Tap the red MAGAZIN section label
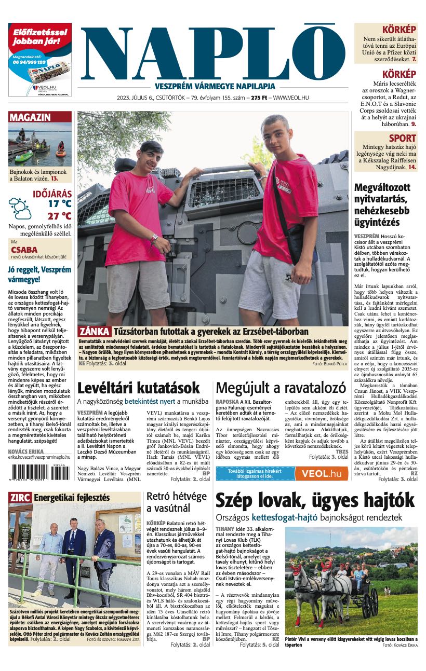point(30,117)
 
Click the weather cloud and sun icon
point(20,208)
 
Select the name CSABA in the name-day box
point(24,250)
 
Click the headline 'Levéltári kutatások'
point(139,388)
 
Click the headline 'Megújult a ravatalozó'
point(281,388)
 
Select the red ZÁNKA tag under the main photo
point(94,332)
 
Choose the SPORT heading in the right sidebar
point(402,138)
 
